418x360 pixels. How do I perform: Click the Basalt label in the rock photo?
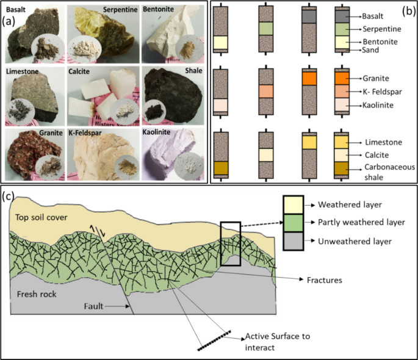click(16, 10)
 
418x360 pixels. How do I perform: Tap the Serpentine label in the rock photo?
click(120, 10)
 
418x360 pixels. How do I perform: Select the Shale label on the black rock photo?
click(193, 71)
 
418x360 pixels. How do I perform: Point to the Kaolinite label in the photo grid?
click(156, 132)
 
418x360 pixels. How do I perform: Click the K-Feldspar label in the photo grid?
click(85, 132)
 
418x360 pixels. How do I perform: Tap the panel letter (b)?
click(409, 11)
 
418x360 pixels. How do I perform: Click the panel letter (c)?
click(8, 196)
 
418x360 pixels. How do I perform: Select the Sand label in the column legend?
click(370, 50)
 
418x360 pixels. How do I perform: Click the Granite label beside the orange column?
click(376, 78)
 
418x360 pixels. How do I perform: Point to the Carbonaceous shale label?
click(389, 172)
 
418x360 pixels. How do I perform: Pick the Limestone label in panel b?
click(383, 142)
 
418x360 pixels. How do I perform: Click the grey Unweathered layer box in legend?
click(294, 241)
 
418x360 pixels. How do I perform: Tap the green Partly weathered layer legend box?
click(294, 223)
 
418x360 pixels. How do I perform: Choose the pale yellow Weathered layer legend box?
click(294, 205)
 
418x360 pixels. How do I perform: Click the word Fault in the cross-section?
click(93, 306)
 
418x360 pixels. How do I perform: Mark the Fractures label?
click(325, 280)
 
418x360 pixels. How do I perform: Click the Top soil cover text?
click(41, 217)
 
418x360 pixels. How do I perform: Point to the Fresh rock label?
click(37, 294)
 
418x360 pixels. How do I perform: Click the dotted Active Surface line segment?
click(214, 341)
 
